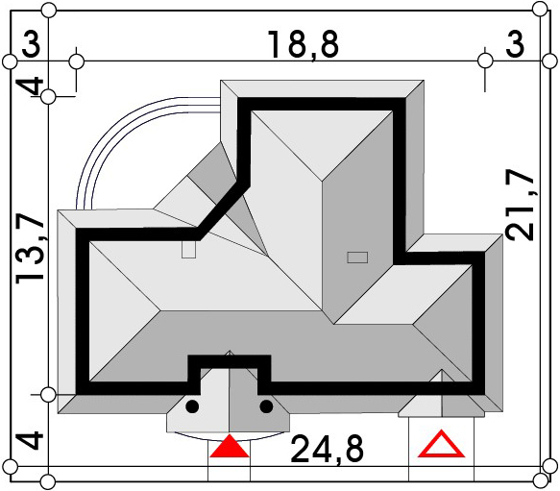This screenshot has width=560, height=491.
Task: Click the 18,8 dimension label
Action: click(x=303, y=45)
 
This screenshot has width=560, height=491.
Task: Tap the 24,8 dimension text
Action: click(x=328, y=449)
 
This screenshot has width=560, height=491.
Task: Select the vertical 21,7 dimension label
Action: click(x=520, y=207)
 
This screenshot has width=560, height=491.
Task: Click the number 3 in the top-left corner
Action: click(x=32, y=44)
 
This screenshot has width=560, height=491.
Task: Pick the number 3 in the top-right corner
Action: click(x=515, y=44)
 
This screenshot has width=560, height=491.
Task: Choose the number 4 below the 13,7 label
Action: click(x=31, y=440)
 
